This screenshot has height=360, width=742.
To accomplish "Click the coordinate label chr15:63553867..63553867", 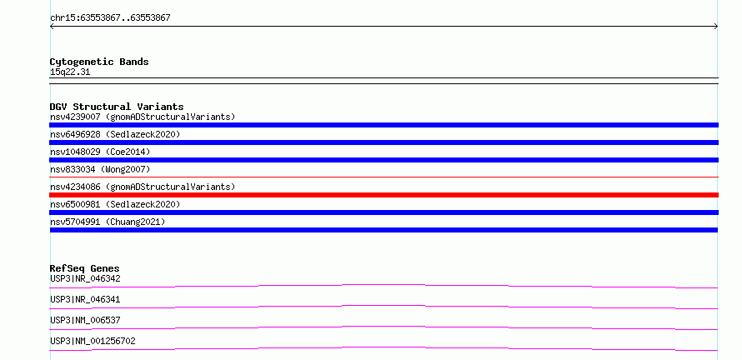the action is pyautogui.click(x=110, y=18).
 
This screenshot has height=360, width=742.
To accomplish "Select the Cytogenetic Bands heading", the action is pyautogui.click(x=99, y=62).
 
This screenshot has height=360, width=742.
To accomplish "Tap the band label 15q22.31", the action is pyautogui.click(x=70, y=72).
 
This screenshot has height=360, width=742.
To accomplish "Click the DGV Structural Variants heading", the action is pyautogui.click(x=117, y=107).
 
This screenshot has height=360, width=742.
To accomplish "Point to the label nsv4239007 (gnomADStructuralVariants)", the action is pyautogui.click(x=143, y=117).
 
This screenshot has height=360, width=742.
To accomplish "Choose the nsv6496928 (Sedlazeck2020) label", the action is pyautogui.click(x=115, y=134).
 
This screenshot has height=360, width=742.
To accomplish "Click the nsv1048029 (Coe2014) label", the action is pyautogui.click(x=100, y=152).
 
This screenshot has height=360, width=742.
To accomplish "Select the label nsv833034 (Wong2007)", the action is pyautogui.click(x=100, y=169).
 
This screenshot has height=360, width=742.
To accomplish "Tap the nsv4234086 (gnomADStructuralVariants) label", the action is pyautogui.click(x=143, y=187).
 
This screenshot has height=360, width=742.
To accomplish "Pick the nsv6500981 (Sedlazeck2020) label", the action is pyautogui.click(x=115, y=204).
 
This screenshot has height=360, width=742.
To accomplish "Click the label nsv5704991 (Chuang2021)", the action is pyautogui.click(x=108, y=222).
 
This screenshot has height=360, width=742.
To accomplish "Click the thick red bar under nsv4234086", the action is pyautogui.click(x=384, y=195).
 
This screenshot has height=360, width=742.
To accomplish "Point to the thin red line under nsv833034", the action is pyautogui.click(x=384, y=177).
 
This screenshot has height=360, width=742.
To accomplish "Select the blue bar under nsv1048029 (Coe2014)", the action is pyautogui.click(x=384, y=160).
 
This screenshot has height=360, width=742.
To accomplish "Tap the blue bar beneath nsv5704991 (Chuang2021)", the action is pyautogui.click(x=384, y=230).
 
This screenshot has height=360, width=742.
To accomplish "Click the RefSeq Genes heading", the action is pyautogui.click(x=85, y=268).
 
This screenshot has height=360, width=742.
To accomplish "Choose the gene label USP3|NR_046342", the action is pyautogui.click(x=85, y=278).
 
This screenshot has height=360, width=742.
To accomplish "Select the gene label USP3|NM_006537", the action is pyautogui.click(x=85, y=320).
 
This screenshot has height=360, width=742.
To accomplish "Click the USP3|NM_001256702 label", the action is pyautogui.click(x=93, y=341).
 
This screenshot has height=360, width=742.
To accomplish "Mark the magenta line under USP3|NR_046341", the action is pyautogui.click(x=384, y=307).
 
